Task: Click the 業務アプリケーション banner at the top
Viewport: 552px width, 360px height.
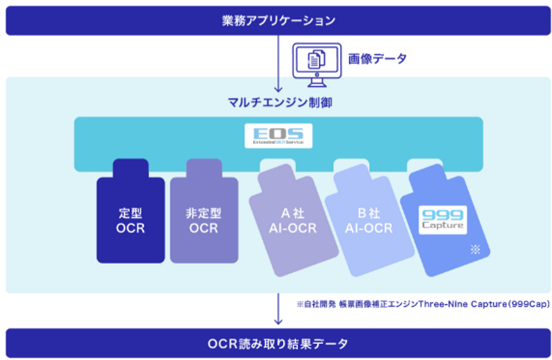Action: [x=276, y=21]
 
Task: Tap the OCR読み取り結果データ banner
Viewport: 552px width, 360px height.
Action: [x=276, y=343]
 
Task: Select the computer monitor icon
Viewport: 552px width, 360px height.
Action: [x=317, y=64]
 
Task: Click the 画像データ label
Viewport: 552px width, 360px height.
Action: [x=377, y=59]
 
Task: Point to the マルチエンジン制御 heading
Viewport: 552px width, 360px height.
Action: [x=280, y=102]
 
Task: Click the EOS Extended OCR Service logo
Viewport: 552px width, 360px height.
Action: [x=278, y=136]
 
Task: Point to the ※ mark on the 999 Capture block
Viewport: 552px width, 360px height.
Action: [x=475, y=250]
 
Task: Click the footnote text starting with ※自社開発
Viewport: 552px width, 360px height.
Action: [x=423, y=304]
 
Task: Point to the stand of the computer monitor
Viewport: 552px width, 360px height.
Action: [x=317, y=82]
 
